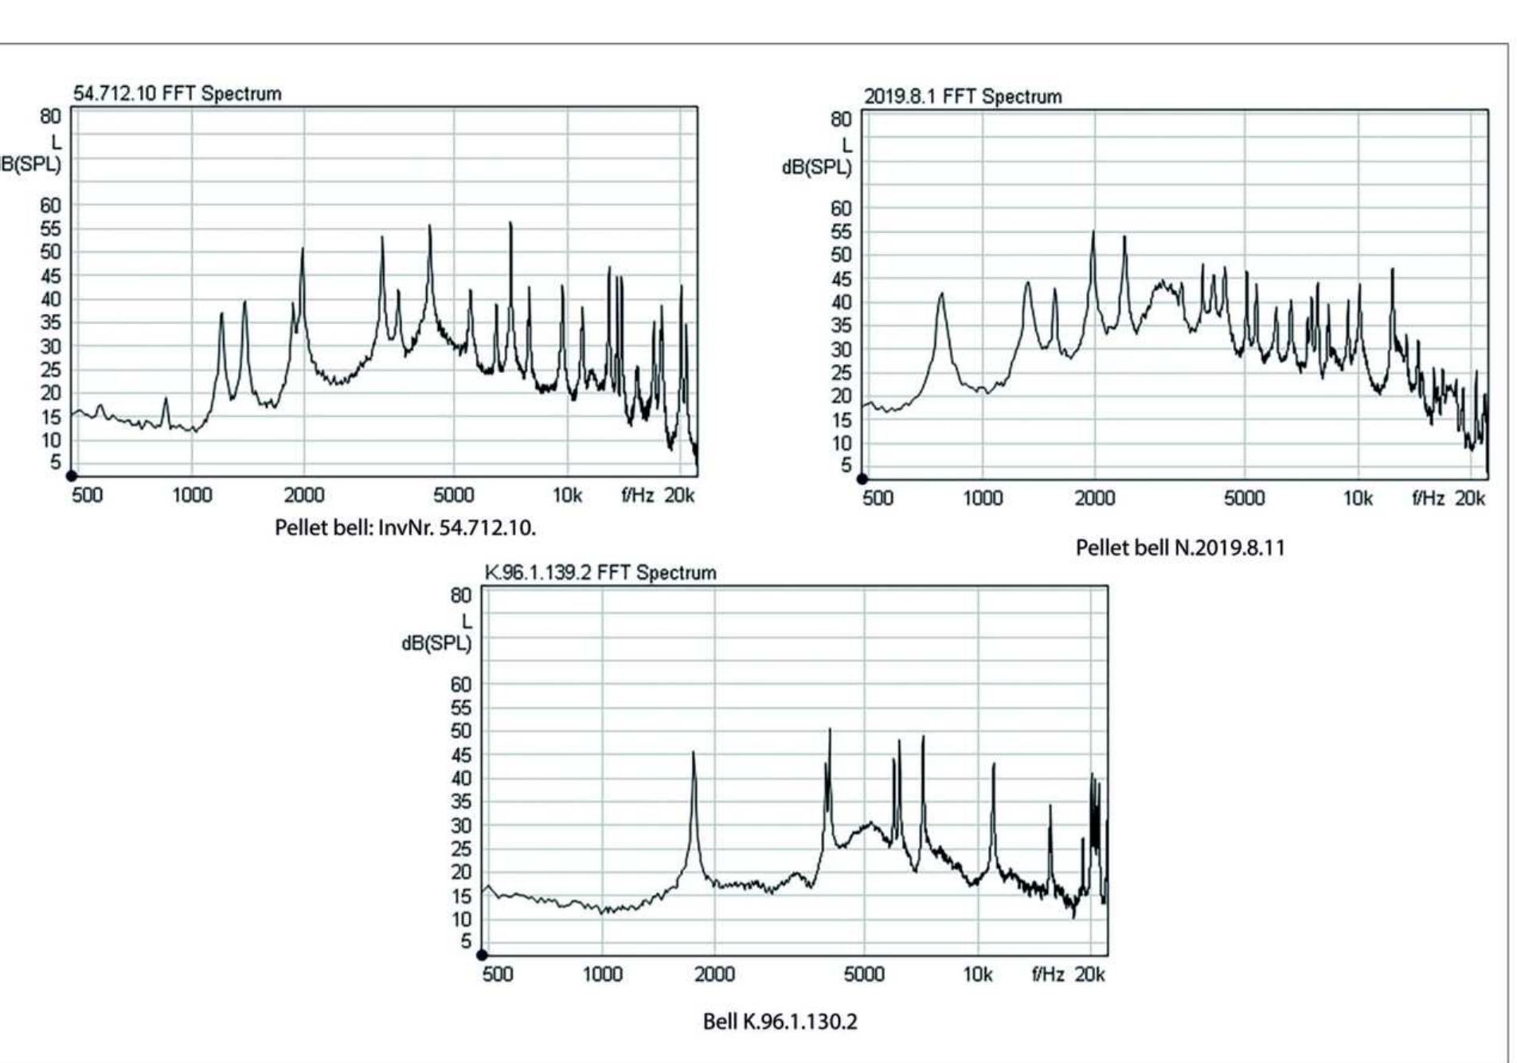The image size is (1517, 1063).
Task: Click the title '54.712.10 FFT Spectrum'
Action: click(x=177, y=93)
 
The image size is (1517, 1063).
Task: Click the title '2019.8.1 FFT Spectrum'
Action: click(x=962, y=96)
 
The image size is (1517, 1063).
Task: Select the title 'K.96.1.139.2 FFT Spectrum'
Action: click(x=600, y=572)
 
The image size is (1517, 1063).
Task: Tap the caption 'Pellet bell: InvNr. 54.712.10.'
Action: click(x=405, y=528)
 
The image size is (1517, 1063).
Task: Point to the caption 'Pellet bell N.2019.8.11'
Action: click(x=1179, y=547)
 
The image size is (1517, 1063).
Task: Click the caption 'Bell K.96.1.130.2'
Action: click(x=780, y=1022)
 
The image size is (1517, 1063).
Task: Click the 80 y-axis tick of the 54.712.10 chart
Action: click(x=50, y=116)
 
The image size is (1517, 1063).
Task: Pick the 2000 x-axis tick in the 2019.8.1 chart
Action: click(x=1095, y=498)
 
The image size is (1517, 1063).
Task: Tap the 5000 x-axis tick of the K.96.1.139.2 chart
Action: click(x=864, y=974)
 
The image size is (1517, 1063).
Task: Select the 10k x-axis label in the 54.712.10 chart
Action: click(x=567, y=496)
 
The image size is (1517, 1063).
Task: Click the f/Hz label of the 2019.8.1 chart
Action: click(x=1428, y=498)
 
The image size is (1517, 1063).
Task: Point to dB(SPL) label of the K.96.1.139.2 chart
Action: click(x=436, y=643)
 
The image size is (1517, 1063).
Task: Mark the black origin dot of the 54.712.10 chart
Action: click(x=72, y=476)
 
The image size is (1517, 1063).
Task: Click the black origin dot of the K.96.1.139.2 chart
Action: click(x=482, y=955)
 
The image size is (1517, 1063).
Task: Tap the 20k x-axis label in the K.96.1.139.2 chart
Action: click(x=1089, y=974)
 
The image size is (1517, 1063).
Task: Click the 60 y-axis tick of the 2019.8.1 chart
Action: click(x=841, y=208)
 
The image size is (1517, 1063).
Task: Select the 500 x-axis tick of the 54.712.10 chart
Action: click(x=87, y=496)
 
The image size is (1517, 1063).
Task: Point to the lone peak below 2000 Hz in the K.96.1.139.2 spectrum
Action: click(x=694, y=753)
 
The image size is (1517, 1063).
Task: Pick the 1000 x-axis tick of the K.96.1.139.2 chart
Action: click(x=602, y=974)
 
